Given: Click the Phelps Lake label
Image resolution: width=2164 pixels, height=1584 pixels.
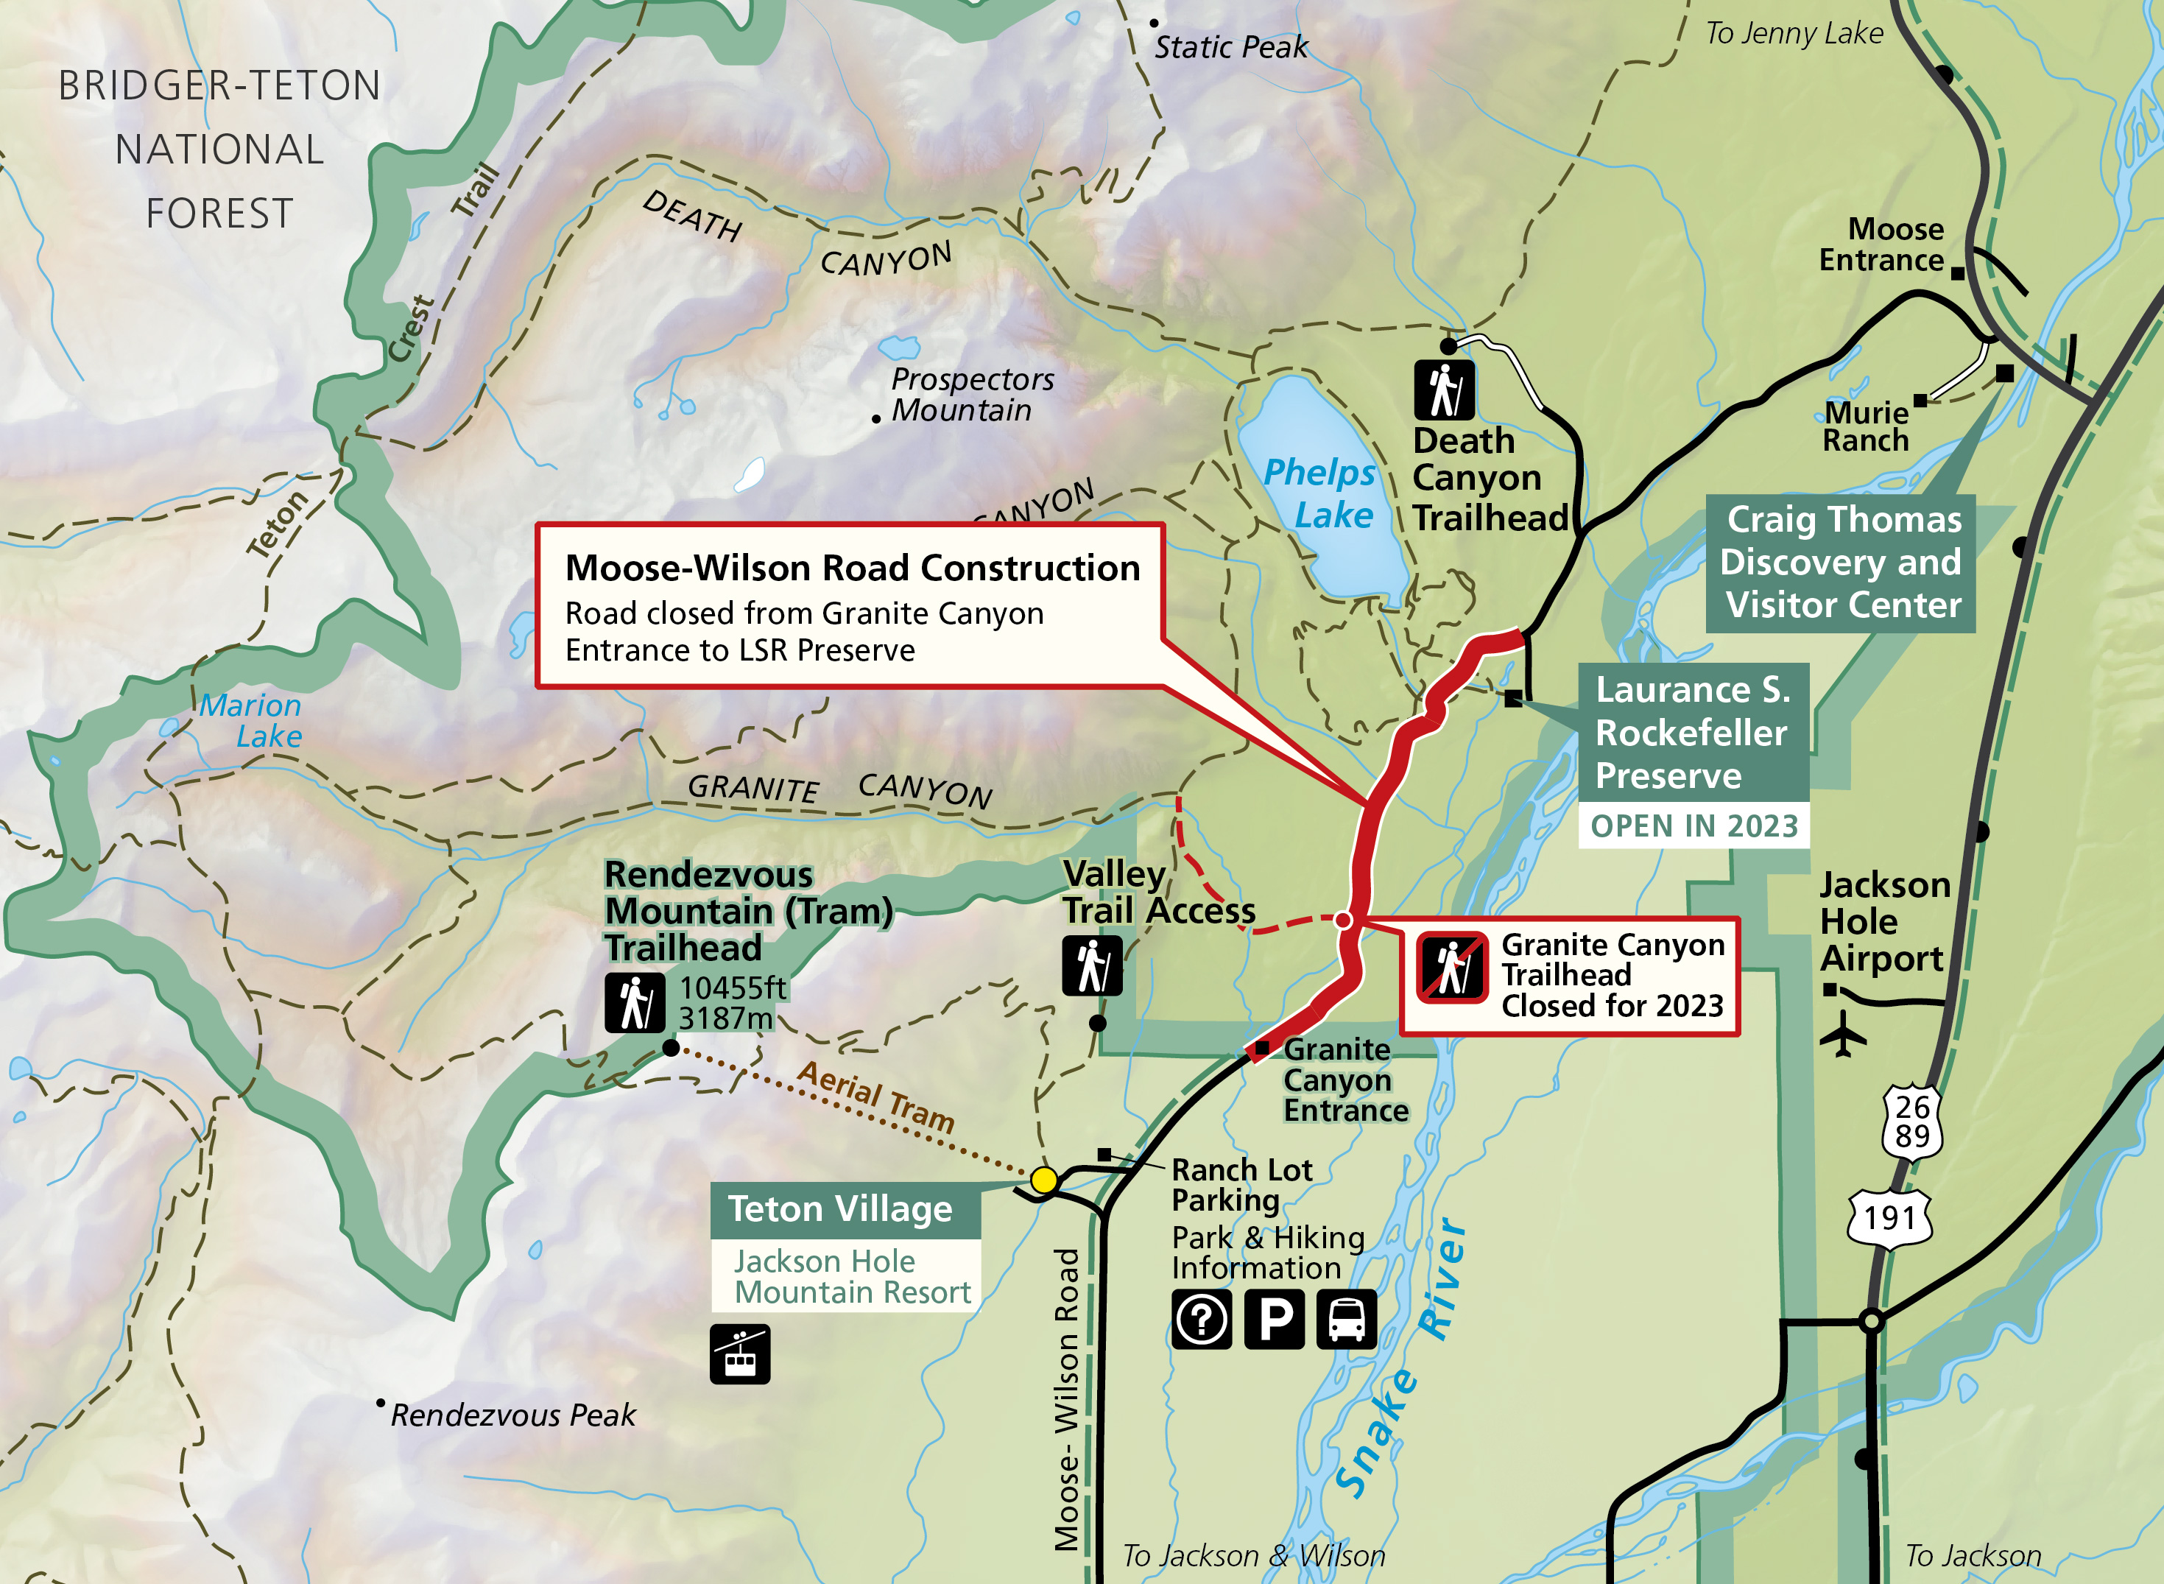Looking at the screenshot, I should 1321,493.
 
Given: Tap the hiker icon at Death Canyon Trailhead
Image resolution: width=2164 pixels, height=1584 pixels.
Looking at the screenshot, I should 1444,390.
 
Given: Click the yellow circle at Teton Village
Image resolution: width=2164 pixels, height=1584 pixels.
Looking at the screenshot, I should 1044,1180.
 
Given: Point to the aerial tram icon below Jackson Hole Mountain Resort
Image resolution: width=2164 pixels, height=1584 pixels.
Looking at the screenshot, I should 739,1354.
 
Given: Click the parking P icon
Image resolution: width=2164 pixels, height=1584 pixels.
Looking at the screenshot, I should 1275,1320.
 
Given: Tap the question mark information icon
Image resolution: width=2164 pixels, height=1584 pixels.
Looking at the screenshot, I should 1202,1320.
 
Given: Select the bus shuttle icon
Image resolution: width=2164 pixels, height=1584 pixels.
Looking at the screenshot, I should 1346,1320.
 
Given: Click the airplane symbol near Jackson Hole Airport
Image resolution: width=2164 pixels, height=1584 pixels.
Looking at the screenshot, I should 1843,1035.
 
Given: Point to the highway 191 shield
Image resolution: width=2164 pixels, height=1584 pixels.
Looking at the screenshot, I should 1890,1218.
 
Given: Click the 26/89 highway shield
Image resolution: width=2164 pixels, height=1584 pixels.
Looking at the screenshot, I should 1912,1122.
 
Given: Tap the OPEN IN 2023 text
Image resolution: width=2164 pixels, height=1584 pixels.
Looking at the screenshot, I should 1694,826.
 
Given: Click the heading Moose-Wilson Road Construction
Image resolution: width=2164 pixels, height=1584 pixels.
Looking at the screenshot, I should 853,568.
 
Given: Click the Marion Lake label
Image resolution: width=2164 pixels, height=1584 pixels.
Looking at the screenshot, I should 251,720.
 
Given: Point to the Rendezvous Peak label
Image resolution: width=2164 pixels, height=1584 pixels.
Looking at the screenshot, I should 512,1415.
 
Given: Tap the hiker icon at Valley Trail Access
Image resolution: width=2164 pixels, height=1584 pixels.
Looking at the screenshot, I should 1092,965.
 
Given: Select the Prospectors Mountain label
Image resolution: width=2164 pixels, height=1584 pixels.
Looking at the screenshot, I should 971,394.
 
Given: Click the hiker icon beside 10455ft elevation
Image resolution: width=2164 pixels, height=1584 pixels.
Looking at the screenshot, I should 635,1003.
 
